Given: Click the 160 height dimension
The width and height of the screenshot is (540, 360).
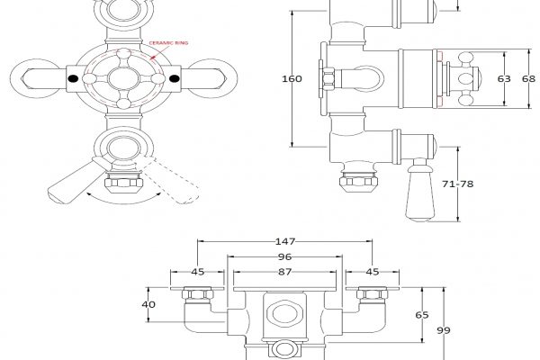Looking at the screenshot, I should (291, 78).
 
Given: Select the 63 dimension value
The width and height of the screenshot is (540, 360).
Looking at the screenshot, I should (504, 78).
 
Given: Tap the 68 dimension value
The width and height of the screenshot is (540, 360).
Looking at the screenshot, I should (529, 78).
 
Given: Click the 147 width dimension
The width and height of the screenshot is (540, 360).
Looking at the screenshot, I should (285, 242).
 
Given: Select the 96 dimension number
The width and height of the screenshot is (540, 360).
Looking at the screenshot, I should (286, 256).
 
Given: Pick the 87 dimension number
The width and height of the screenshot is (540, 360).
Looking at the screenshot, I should (286, 271).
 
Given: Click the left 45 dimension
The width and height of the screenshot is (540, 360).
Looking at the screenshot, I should (196, 271).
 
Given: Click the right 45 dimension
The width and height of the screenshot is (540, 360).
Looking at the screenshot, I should (373, 271).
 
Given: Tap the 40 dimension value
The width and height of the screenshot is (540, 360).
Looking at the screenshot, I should (149, 304).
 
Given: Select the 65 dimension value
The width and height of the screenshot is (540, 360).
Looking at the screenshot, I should (421, 315).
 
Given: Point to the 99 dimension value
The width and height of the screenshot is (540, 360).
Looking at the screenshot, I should (444, 330).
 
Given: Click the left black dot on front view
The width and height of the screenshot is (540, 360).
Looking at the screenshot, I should (73, 80).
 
